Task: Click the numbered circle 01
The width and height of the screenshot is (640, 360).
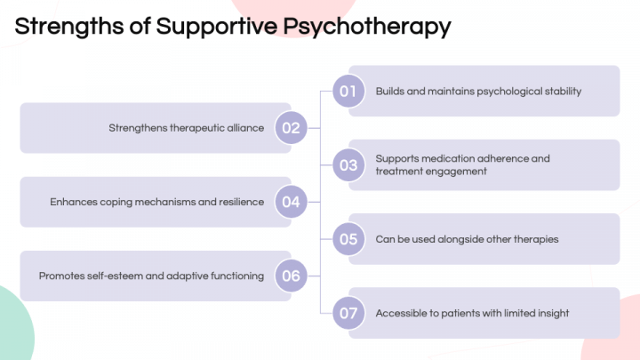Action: point(348,91)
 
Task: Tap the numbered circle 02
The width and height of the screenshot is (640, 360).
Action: point(291,128)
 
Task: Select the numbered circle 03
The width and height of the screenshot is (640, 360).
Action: point(348,165)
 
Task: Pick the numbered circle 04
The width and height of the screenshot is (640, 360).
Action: point(291,202)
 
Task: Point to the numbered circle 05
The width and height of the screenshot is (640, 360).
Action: point(348,239)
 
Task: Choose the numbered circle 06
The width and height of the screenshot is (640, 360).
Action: point(291,276)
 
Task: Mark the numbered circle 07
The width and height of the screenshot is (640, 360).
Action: point(348,313)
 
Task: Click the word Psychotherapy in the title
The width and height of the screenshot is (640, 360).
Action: point(367,27)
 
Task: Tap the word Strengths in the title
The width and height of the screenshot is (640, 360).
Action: point(69,26)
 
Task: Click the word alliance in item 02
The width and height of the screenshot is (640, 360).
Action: point(245,128)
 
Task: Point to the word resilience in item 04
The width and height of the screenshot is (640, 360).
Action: point(241,202)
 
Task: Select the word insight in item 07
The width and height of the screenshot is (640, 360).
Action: point(553,314)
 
